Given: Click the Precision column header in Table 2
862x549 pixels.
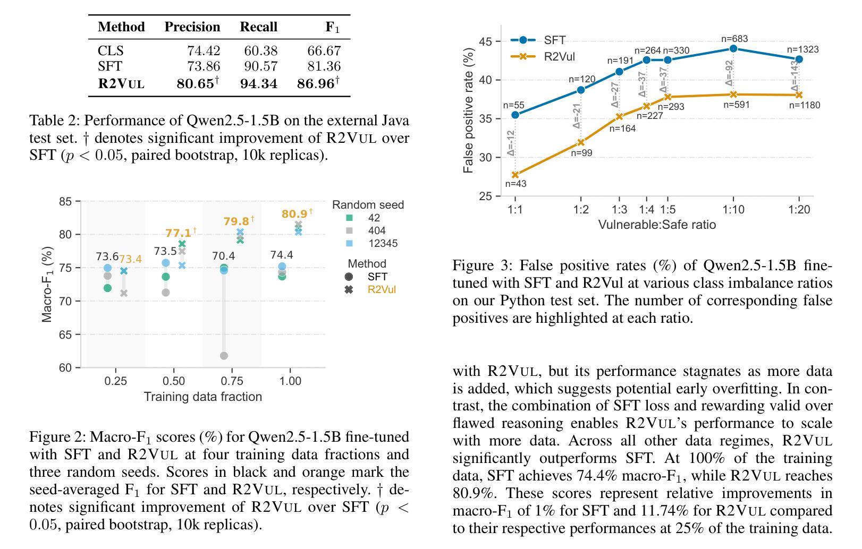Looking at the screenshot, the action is click(192, 27).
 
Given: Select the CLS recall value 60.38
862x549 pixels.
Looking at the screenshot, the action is click(260, 50).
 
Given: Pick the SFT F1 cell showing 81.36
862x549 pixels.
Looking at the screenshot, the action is click(324, 66).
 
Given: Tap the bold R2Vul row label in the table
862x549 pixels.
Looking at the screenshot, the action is click(121, 83).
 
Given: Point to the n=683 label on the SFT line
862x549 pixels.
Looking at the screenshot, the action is click(734, 39).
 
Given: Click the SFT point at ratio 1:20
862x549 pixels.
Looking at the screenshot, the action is click(799, 59).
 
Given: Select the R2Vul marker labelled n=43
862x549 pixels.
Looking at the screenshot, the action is click(515, 175).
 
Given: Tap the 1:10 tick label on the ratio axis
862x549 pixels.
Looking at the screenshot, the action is click(733, 210).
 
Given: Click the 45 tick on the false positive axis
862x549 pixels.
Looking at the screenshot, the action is click(486, 41).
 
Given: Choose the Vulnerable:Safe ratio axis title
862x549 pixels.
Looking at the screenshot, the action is click(657, 225).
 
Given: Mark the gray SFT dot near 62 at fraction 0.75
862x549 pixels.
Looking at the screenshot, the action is click(224, 356).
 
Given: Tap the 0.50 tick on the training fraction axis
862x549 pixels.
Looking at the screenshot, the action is click(174, 381).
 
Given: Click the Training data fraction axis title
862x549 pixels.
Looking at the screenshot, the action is click(203, 397).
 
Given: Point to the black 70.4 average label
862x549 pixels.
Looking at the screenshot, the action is click(224, 256).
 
